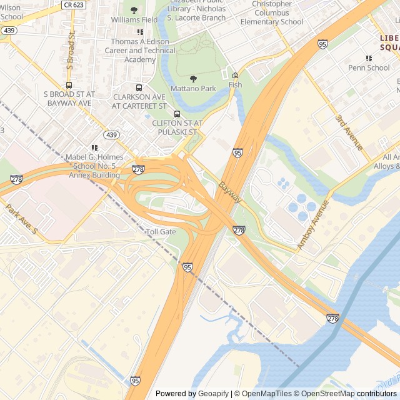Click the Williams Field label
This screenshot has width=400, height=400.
coord(134,20)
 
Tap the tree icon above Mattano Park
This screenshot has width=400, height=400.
coord(193,79)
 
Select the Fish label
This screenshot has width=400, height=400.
coord(235,85)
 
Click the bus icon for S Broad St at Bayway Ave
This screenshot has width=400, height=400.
coord(69,85)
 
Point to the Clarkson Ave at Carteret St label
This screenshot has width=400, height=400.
coord(139,101)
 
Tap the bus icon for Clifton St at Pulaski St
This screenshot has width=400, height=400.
coord(177,114)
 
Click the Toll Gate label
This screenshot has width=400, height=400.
coord(161,232)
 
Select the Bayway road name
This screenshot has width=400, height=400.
coord(230,192)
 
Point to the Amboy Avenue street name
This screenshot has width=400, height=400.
coord(312,225)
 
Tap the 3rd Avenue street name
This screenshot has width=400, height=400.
coord(348,132)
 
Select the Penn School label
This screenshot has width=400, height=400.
coord(369,67)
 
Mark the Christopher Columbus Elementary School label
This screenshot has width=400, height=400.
coord(272,12)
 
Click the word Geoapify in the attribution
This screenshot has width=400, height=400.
coord(214,394)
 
